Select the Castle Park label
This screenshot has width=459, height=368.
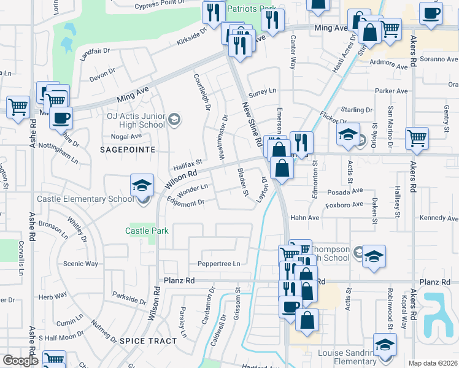pos(146,231)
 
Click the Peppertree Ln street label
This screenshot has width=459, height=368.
pos(218,264)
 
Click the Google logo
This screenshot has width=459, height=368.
pos(20,361)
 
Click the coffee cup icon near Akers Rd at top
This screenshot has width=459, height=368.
pos(431,13)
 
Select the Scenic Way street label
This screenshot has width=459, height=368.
pos(80,264)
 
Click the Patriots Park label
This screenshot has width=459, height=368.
pos(251,9)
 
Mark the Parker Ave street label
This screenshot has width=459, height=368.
pos(391,91)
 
